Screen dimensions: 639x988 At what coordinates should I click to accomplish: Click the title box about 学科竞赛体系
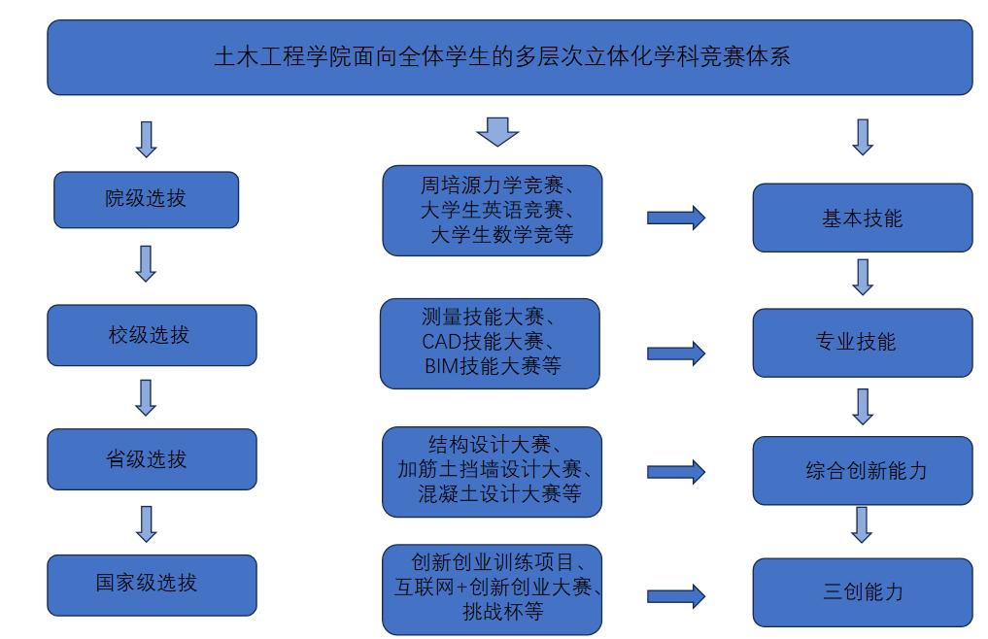(509, 57)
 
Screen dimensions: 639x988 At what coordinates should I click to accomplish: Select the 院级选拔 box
(146, 200)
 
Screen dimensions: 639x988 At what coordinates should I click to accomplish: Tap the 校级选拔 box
(152, 335)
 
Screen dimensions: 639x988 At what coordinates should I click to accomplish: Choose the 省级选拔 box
(152, 458)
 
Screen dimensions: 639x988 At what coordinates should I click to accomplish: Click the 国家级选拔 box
(152, 584)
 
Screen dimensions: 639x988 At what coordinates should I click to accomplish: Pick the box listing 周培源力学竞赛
(493, 211)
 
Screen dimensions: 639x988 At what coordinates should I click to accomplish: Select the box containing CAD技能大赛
(490, 343)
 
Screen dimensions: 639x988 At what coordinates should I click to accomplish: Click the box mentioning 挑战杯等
(493, 589)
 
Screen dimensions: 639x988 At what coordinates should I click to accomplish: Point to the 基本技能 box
(862, 218)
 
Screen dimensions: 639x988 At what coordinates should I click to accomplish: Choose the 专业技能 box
(862, 342)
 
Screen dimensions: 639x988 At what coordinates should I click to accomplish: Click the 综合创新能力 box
(862, 471)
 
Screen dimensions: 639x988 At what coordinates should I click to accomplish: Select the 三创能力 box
(862, 590)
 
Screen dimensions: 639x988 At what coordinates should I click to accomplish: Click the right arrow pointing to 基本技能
(676, 219)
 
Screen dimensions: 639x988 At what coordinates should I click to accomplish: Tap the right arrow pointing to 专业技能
(676, 353)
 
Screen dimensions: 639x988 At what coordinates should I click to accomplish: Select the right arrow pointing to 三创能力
(676, 594)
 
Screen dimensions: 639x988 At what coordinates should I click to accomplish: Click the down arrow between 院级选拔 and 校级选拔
(146, 263)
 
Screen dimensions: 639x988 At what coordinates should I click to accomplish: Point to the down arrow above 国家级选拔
(146, 522)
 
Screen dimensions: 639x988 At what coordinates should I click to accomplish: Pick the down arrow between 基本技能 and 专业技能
(862, 276)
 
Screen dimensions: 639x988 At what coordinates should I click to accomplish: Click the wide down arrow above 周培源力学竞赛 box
(498, 131)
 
